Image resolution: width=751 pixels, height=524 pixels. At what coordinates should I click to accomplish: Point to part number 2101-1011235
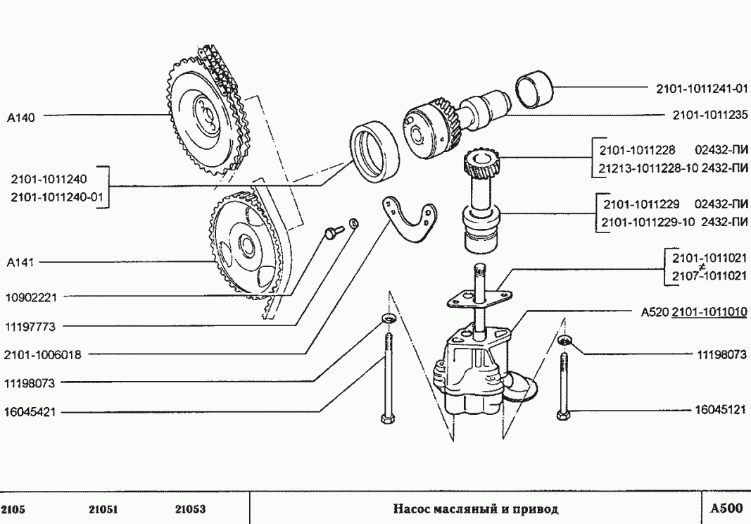point(709,115)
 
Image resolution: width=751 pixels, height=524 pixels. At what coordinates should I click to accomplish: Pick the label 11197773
point(30,327)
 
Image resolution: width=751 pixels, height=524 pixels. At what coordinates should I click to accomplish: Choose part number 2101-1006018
point(42,355)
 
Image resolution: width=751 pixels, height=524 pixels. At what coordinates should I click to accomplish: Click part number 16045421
point(30,412)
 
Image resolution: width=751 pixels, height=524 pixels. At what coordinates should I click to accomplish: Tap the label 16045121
point(720,409)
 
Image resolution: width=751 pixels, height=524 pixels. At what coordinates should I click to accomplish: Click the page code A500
point(725,509)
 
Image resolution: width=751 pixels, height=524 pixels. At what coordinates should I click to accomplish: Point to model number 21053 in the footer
point(190,509)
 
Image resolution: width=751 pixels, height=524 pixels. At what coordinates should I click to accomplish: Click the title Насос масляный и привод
point(475,509)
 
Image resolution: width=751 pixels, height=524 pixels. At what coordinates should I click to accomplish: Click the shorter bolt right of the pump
point(563,384)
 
